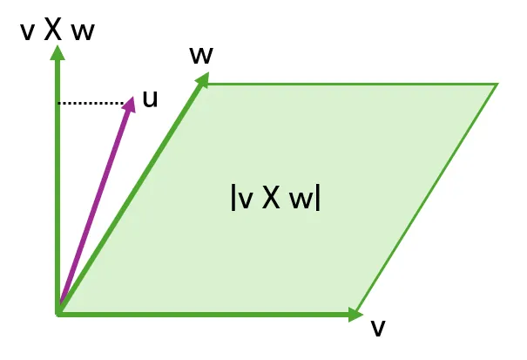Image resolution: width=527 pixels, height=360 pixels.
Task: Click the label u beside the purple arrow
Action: (x=150, y=98)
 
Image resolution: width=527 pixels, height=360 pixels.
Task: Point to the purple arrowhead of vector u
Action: (x=130, y=103)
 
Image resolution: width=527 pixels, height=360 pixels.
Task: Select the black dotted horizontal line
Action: (x=91, y=104)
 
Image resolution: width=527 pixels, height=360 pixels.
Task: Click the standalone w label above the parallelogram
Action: (x=201, y=54)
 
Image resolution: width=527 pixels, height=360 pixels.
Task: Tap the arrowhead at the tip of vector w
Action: (x=203, y=80)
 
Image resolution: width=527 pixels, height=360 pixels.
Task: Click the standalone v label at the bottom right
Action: (x=377, y=327)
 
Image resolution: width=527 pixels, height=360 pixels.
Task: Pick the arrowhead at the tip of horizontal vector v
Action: (x=355, y=314)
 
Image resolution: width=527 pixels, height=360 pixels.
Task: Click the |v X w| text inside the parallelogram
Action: (x=275, y=198)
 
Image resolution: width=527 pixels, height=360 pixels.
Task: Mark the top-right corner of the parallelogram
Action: (x=497, y=84)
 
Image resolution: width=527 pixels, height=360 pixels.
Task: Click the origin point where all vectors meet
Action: (x=58, y=312)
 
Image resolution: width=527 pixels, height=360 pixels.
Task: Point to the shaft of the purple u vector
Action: (x=94, y=209)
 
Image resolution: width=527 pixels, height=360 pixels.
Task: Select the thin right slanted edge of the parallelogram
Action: (x=427, y=198)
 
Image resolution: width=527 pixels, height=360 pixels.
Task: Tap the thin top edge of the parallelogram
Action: (x=348, y=84)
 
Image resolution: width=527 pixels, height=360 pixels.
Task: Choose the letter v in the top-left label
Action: (x=28, y=31)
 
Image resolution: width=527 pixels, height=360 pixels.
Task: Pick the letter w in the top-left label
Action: (x=84, y=31)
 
